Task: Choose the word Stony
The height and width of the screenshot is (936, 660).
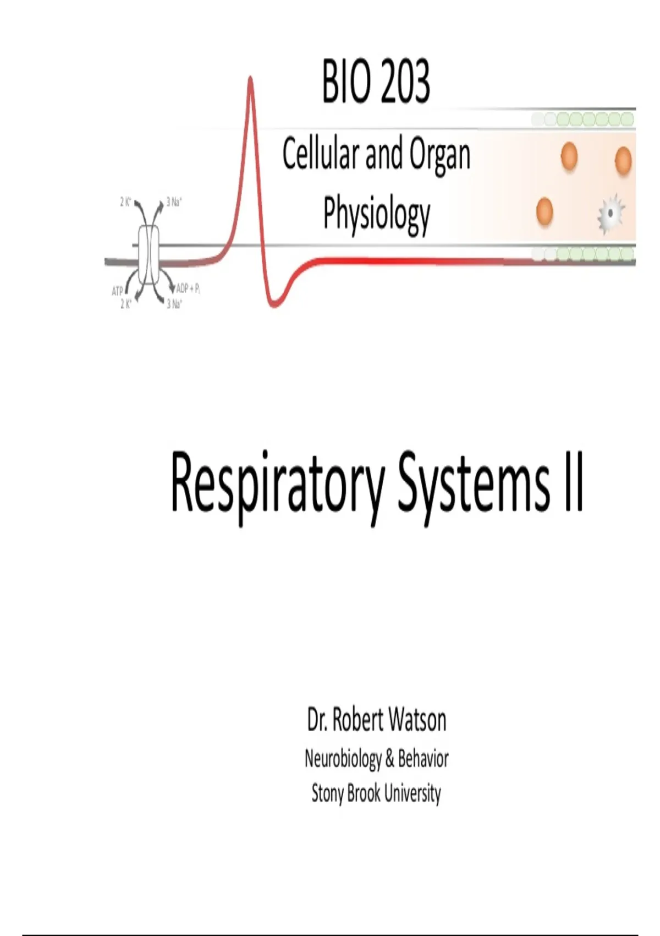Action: coord(327,793)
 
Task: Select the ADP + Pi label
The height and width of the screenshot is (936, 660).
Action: coord(188,289)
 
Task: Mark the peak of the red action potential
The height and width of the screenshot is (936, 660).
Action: coord(250,77)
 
